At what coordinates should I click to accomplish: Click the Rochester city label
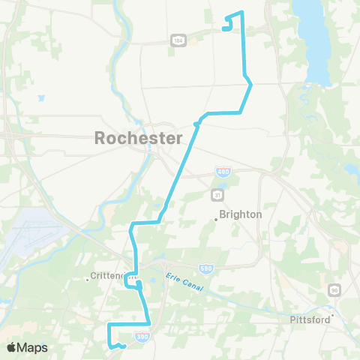tap(138, 138)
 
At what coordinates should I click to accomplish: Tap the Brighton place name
tap(241, 214)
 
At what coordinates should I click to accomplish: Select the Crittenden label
tap(110, 274)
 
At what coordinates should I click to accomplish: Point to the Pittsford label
tap(310, 319)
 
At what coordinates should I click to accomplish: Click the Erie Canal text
tap(184, 282)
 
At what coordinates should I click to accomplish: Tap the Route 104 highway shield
tap(178, 40)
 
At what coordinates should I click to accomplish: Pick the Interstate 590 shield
tap(205, 268)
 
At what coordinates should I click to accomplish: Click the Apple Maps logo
tap(27, 347)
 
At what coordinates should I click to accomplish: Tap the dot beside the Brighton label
tap(216, 219)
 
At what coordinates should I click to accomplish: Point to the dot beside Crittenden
tap(88, 280)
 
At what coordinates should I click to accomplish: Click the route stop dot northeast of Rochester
tap(196, 124)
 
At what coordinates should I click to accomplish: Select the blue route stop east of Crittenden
tap(139, 285)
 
